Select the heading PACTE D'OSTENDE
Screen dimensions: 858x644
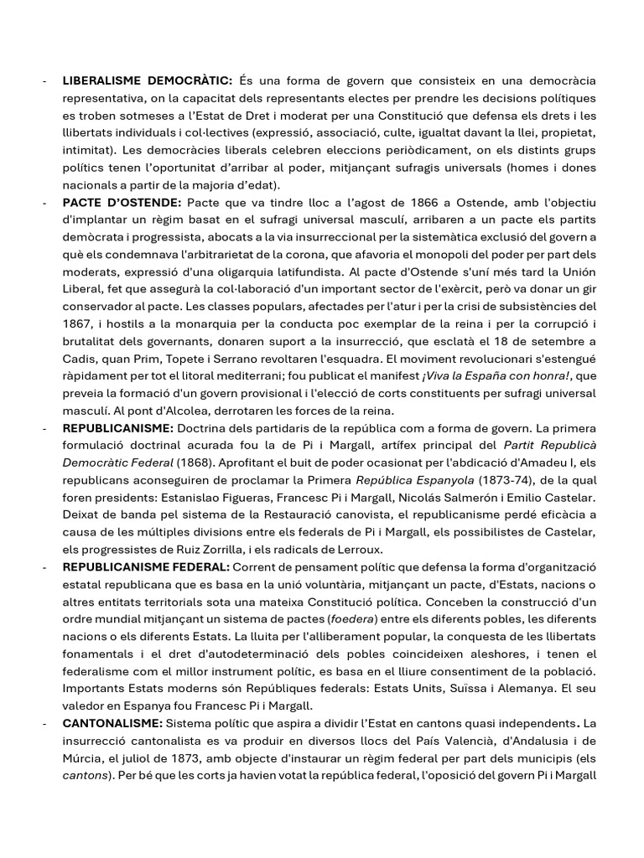click(122, 203)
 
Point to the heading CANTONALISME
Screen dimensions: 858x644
click(112, 722)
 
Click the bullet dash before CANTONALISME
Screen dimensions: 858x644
click(44, 722)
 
